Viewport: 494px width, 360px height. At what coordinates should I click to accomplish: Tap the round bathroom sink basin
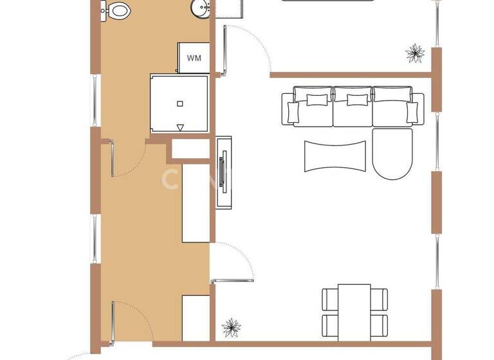[201, 9]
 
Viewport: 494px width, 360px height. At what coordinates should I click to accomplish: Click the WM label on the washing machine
[194, 58]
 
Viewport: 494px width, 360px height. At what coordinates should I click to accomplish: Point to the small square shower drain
[180, 103]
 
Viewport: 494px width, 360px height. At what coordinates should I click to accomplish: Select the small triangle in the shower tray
[180, 127]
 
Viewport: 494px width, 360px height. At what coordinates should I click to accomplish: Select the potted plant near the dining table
[232, 328]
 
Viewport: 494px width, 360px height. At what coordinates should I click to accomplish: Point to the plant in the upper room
[416, 53]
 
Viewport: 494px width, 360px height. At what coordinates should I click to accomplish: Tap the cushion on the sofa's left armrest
[294, 112]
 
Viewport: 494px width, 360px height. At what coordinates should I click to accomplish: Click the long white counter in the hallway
[196, 203]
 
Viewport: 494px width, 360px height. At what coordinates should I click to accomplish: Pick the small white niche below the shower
[190, 150]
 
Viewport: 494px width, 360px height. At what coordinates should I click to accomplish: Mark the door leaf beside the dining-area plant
[233, 280]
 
